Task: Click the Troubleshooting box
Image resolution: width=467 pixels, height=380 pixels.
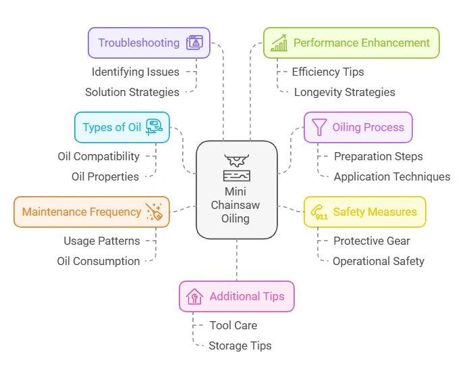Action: (148, 43)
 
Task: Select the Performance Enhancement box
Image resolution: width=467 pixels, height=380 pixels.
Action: (351, 43)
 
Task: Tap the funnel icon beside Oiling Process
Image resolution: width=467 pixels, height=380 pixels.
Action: (318, 127)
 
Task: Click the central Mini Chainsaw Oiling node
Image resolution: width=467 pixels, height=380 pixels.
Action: (236, 190)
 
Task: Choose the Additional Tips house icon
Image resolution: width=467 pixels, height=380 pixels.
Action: (194, 296)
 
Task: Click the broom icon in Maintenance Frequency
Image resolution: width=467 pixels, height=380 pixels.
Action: (154, 212)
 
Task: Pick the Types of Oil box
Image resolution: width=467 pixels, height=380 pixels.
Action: (121, 127)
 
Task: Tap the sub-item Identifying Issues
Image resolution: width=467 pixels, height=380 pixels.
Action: (136, 72)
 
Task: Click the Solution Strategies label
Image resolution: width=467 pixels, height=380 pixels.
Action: (132, 92)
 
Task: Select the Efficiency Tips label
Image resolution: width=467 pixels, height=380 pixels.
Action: (327, 72)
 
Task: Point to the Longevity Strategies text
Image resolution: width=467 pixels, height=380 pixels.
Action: (344, 92)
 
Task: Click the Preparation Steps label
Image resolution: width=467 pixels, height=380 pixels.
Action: (378, 156)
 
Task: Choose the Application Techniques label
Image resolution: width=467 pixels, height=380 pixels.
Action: (391, 176)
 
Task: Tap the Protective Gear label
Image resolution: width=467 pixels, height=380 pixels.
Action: (371, 241)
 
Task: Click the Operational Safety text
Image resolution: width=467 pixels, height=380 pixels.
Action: (378, 261)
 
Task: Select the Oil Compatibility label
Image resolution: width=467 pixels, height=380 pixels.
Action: (99, 156)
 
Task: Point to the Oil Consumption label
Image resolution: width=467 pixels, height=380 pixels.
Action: (99, 261)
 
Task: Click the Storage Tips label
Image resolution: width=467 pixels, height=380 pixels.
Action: (240, 346)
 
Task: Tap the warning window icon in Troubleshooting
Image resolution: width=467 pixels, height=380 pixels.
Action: (195, 43)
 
